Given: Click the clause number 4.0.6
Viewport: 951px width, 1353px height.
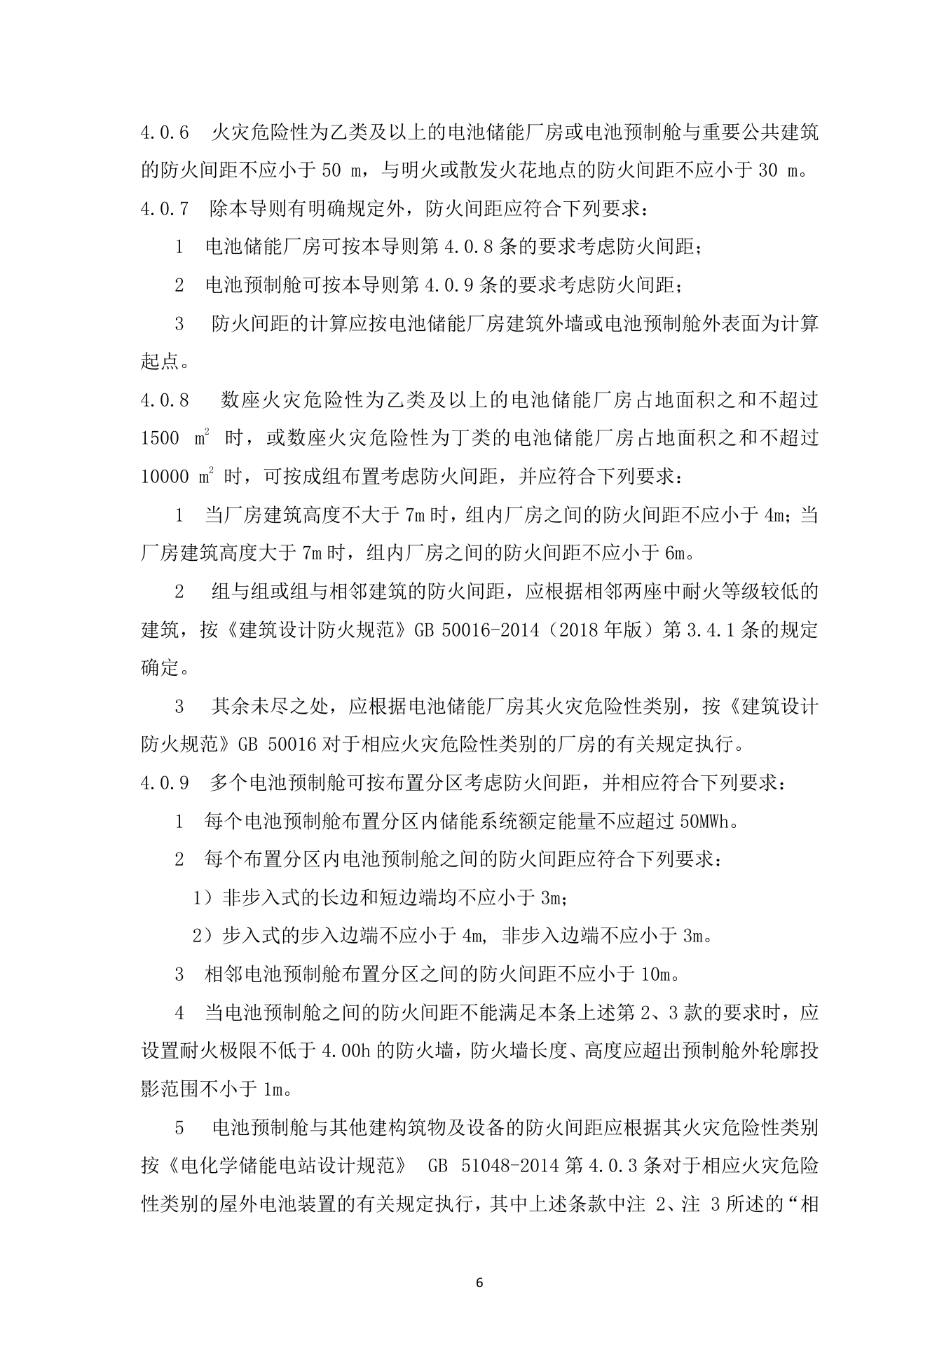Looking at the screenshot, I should coord(165,133).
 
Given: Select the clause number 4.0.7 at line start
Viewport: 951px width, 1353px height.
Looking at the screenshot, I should coord(165,209).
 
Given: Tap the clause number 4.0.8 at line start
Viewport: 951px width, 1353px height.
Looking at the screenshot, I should coord(165,400).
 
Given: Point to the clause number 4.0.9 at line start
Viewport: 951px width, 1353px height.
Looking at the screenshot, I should coord(165,783).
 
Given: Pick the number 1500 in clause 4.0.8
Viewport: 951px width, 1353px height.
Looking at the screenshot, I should coord(160,438).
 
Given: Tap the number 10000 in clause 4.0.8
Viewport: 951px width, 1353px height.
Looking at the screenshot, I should coord(165,477).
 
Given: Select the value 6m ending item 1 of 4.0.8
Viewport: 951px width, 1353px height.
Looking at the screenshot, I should coord(676,554).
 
